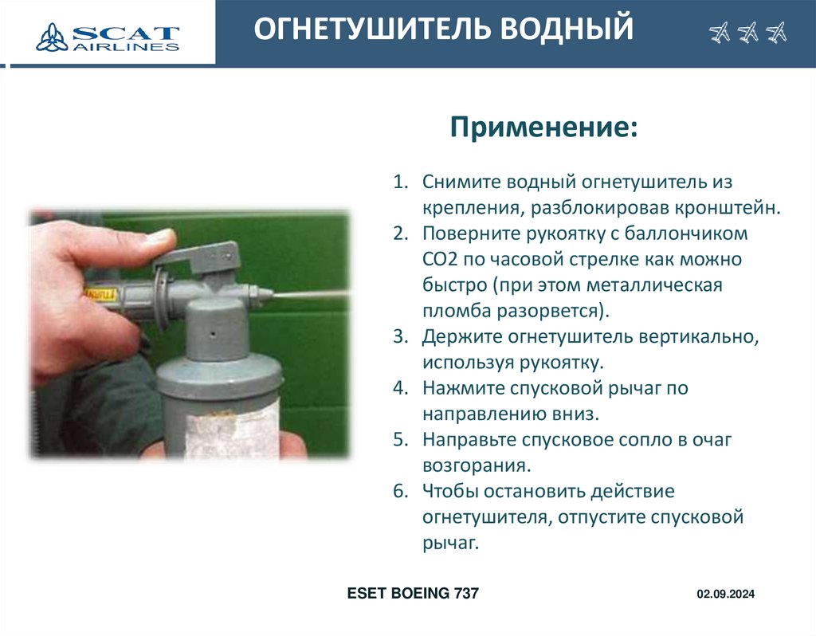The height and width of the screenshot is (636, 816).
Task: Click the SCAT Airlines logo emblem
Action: (x=52, y=37)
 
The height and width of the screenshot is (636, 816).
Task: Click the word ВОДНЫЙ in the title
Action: (x=567, y=28)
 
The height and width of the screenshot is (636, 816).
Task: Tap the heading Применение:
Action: (x=543, y=127)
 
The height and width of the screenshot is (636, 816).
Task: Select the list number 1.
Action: (x=400, y=182)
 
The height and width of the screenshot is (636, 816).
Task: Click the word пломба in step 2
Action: (x=457, y=311)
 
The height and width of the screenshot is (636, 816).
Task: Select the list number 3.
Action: (x=400, y=336)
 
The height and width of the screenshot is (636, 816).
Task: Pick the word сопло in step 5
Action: (x=645, y=440)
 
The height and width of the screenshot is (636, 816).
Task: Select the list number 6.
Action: (x=400, y=491)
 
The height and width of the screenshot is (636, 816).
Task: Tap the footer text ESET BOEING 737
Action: (x=413, y=593)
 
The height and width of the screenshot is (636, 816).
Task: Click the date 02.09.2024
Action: (x=725, y=594)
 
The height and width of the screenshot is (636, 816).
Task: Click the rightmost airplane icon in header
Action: (x=776, y=33)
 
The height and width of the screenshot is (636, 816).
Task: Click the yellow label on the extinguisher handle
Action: (x=101, y=295)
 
